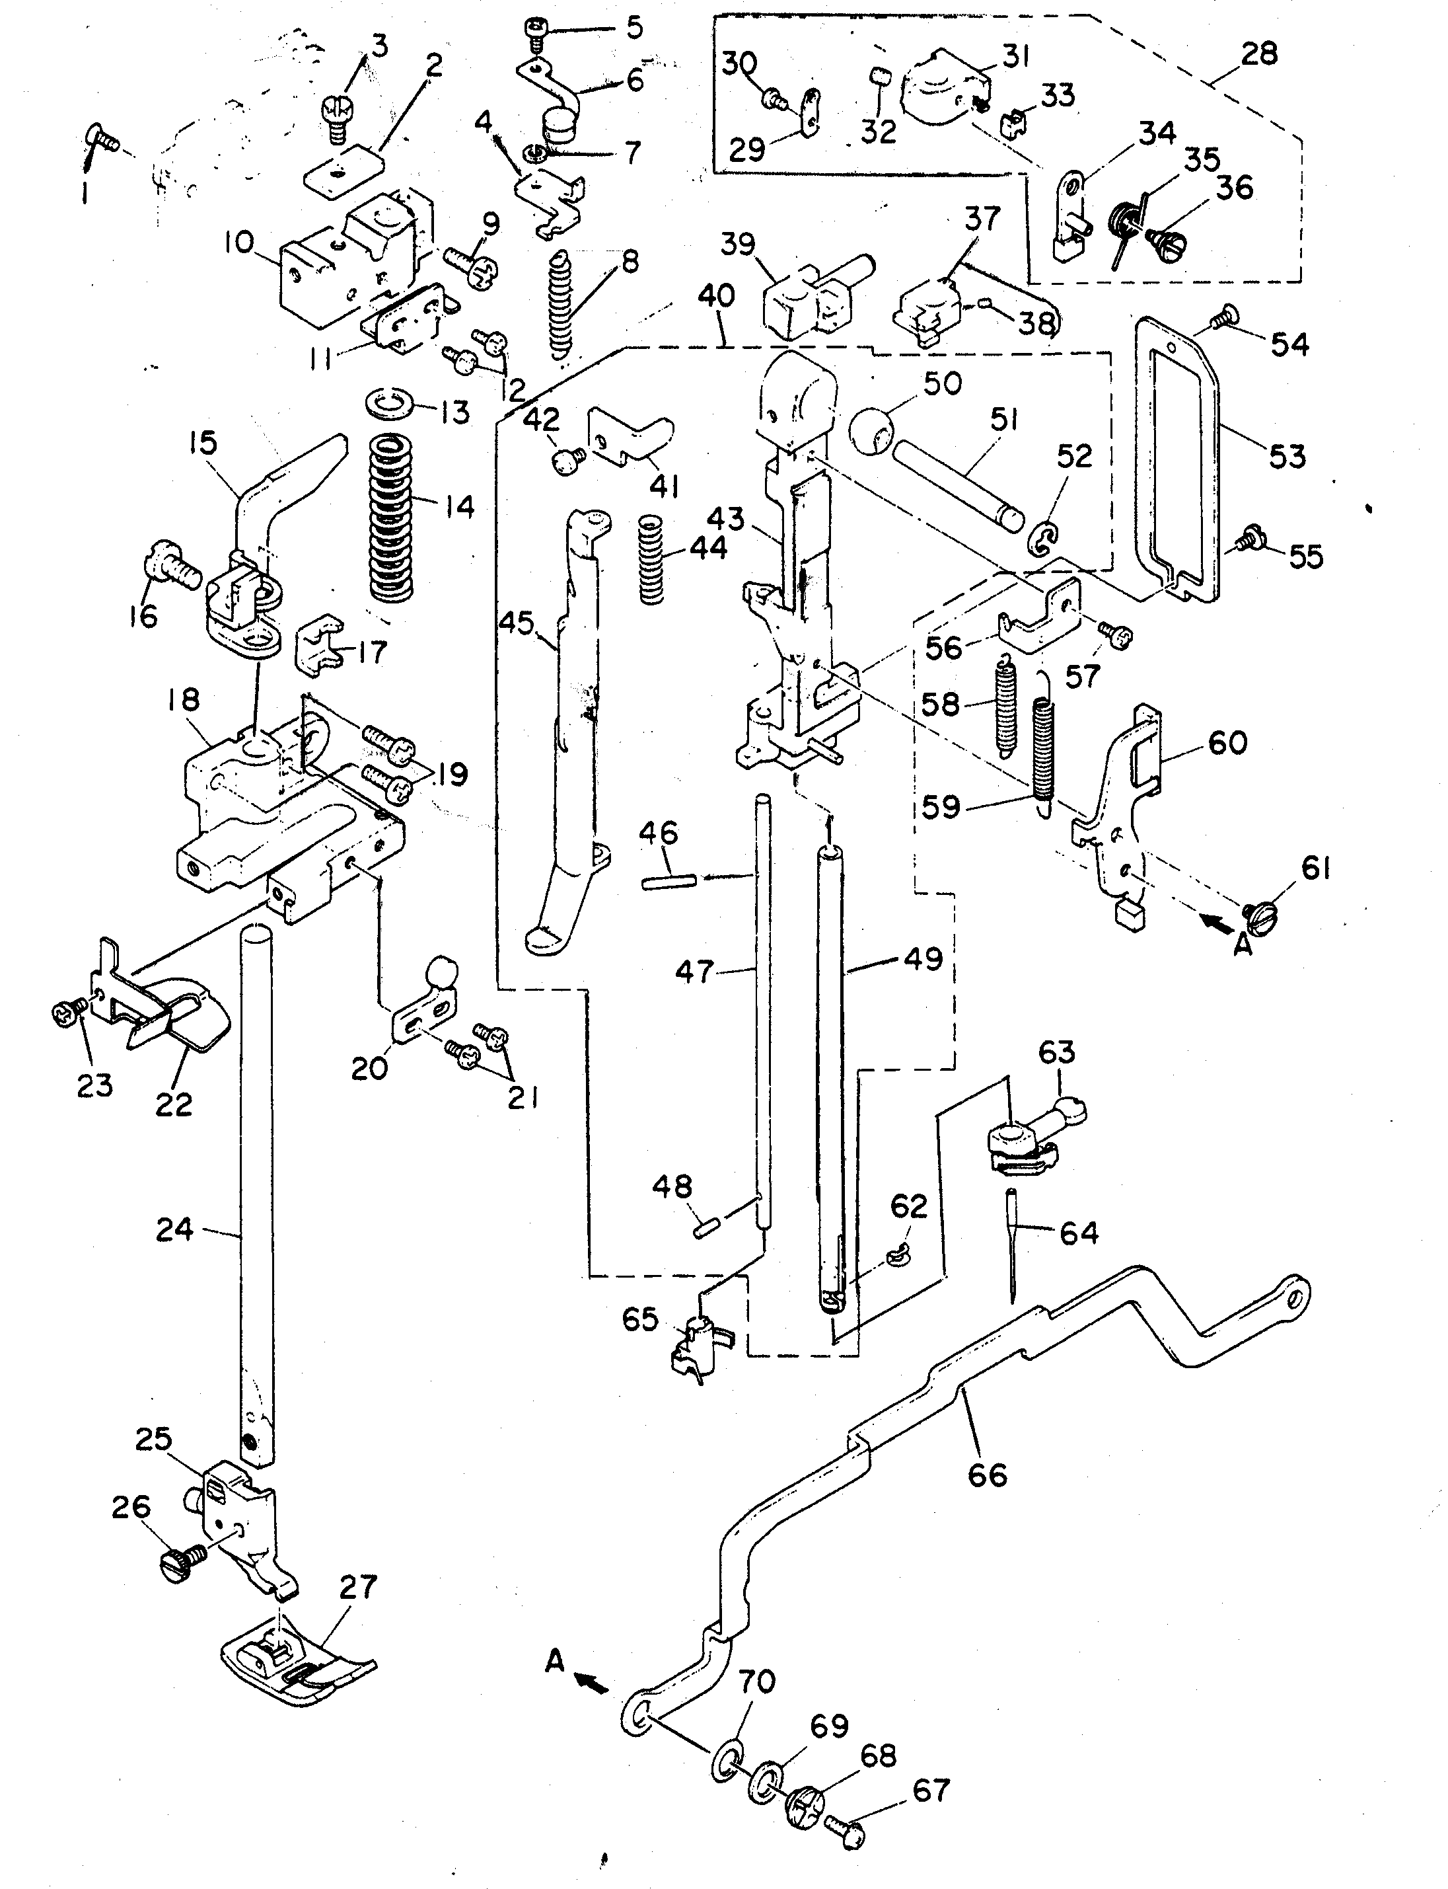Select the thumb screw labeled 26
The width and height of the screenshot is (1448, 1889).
click(x=178, y=1561)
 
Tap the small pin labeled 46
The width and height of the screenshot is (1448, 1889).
click(x=667, y=880)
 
